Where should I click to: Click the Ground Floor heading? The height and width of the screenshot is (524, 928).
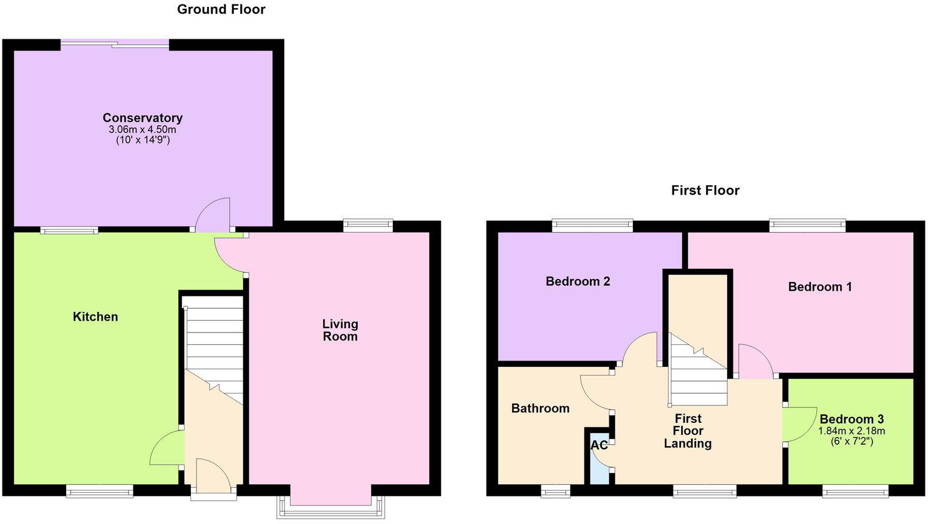[221, 9]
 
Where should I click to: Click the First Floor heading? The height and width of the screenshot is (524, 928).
[705, 190]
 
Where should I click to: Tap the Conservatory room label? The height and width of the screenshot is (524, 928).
[142, 118]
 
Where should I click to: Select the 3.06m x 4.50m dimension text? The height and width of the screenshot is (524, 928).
[142, 130]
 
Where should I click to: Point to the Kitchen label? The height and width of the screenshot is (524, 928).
[95, 317]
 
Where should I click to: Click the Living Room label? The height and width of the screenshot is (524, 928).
[340, 330]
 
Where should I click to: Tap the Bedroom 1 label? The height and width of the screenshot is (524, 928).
[819, 287]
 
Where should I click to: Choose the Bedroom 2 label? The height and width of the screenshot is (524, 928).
[578, 281]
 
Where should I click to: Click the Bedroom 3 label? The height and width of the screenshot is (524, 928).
[851, 419]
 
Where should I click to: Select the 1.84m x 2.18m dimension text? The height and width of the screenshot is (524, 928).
[851, 431]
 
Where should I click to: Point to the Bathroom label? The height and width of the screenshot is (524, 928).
[540, 409]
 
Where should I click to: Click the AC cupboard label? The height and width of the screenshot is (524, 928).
[599, 445]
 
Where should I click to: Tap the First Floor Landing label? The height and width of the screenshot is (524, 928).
[687, 431]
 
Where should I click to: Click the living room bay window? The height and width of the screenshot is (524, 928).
[330, 507]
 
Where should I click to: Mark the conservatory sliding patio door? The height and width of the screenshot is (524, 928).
[115, 44]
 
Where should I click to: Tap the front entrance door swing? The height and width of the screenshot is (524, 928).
[212, 473]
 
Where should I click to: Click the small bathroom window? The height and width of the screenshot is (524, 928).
[555, 492]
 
